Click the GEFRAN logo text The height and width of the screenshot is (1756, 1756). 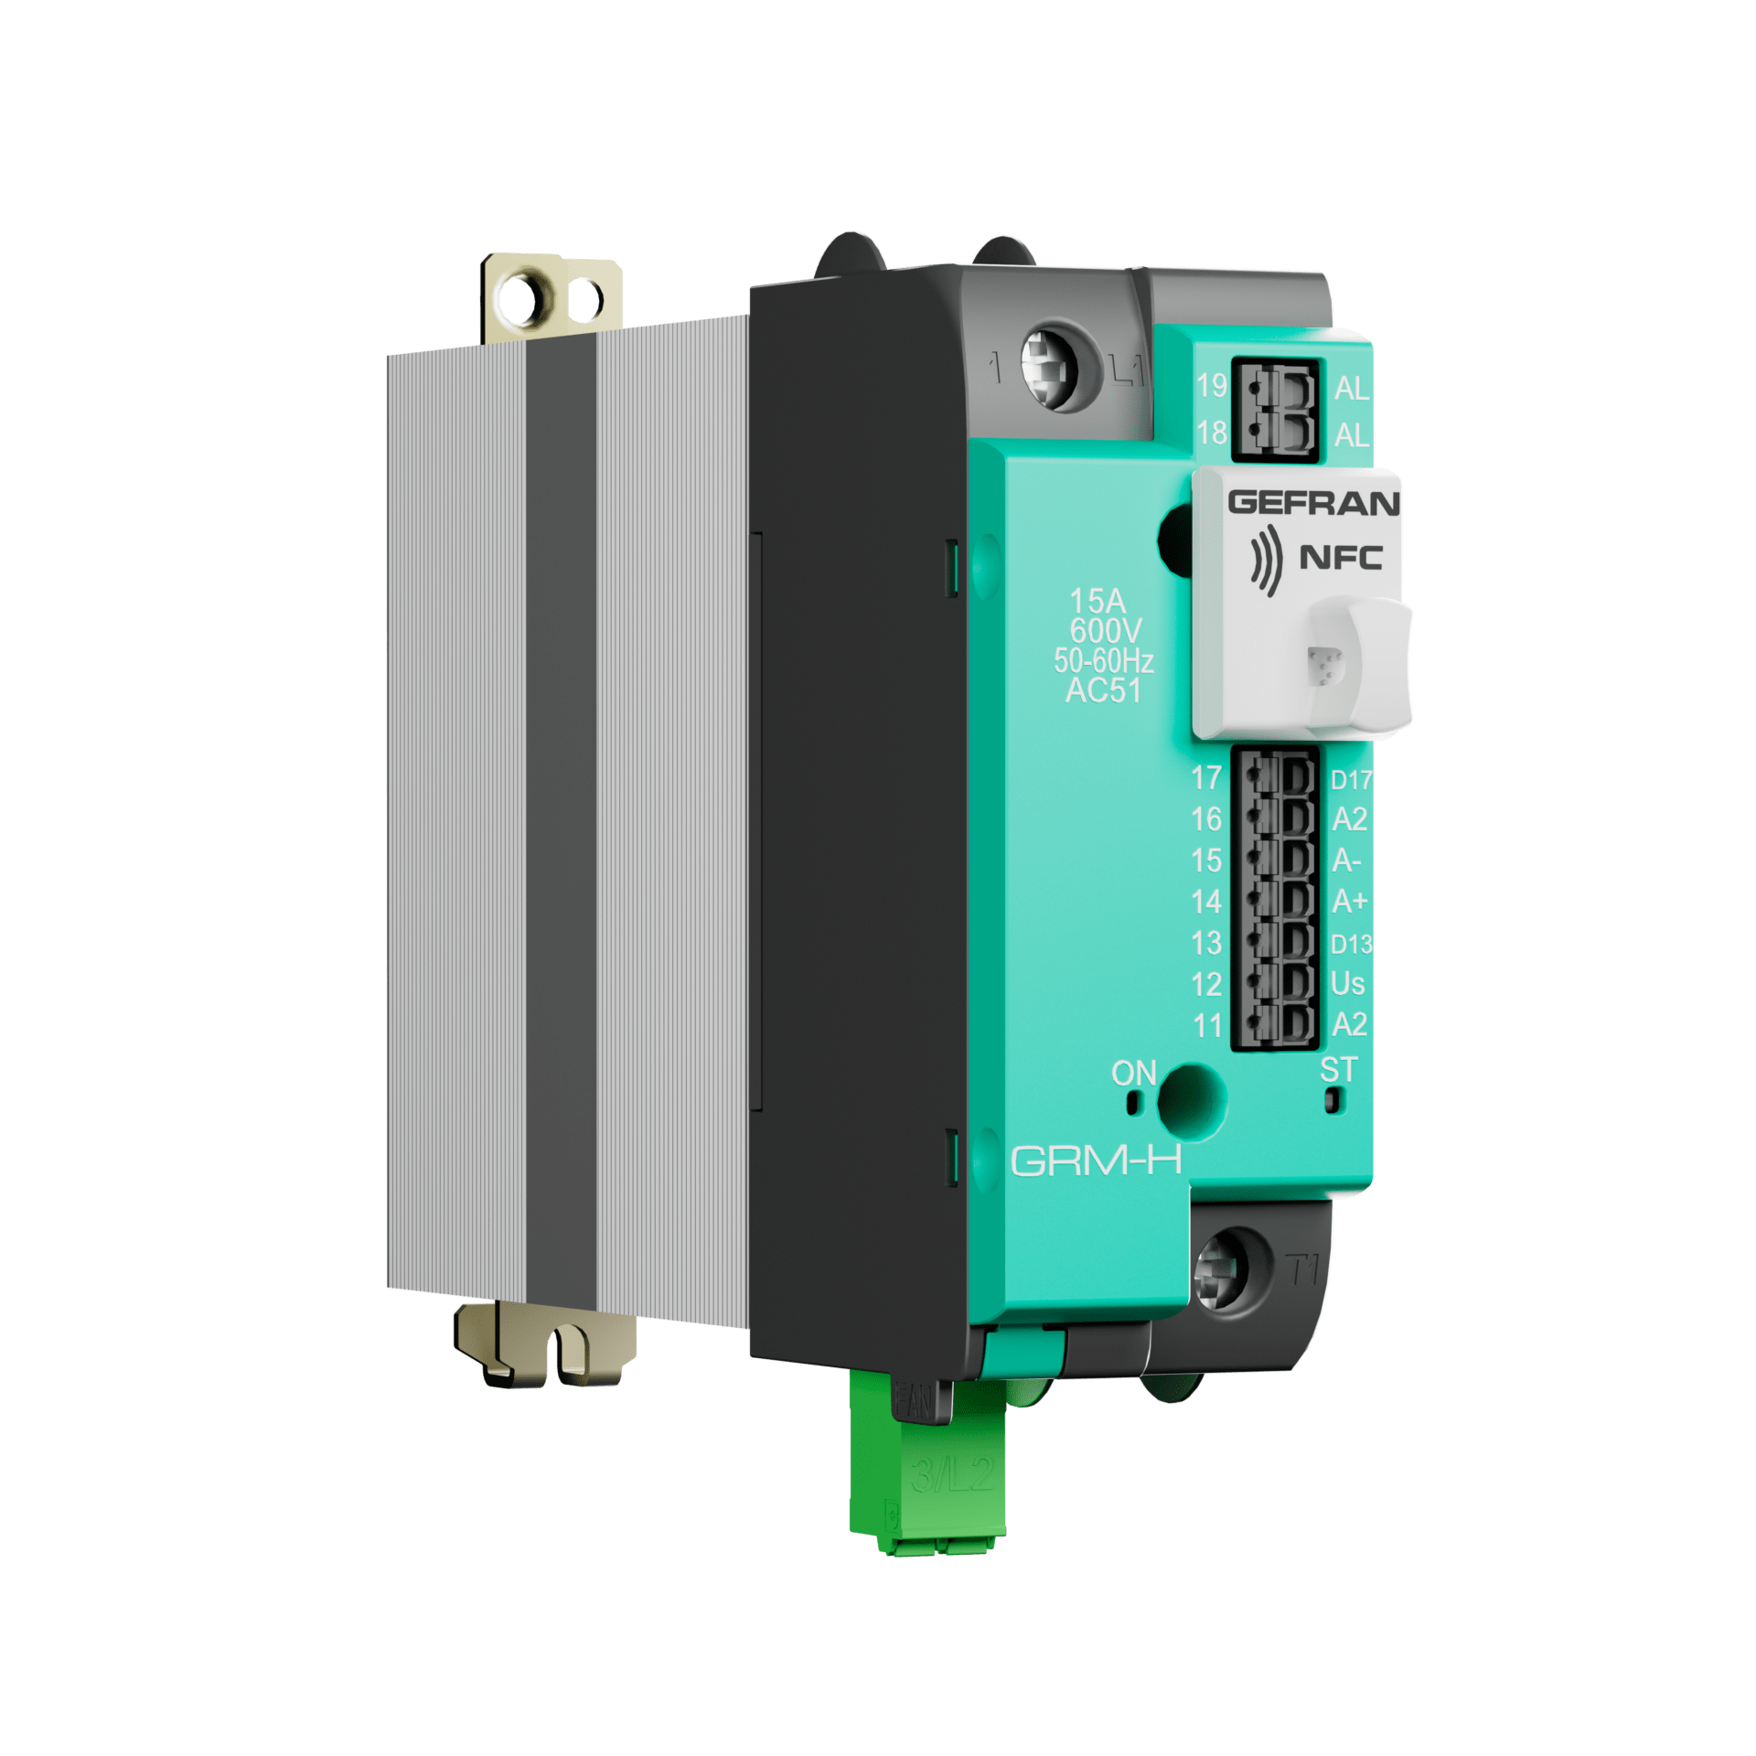[1313, 503]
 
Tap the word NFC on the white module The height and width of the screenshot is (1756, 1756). [1341, 557]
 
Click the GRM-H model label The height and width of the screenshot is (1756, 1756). [1096, 1161]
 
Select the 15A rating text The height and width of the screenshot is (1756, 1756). [1097, 601]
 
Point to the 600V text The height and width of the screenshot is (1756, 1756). [1105, 631]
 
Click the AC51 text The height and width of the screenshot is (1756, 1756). [1103, 691]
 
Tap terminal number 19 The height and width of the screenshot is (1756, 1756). [1212, 386]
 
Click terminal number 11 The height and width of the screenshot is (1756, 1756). [1207, 1025]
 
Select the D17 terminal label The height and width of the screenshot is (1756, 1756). [1351, 780]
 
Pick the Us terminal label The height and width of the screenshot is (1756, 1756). [1347, 984]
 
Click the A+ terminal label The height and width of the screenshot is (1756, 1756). [1349, 902]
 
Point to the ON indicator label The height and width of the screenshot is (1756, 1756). [1133, 1073]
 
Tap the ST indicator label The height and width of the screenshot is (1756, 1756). [1338, 1069]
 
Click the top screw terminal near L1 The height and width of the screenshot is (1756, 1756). [1048, 366]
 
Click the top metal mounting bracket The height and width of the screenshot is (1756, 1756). [551, 298]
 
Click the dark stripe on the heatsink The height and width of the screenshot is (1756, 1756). [561, 823]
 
